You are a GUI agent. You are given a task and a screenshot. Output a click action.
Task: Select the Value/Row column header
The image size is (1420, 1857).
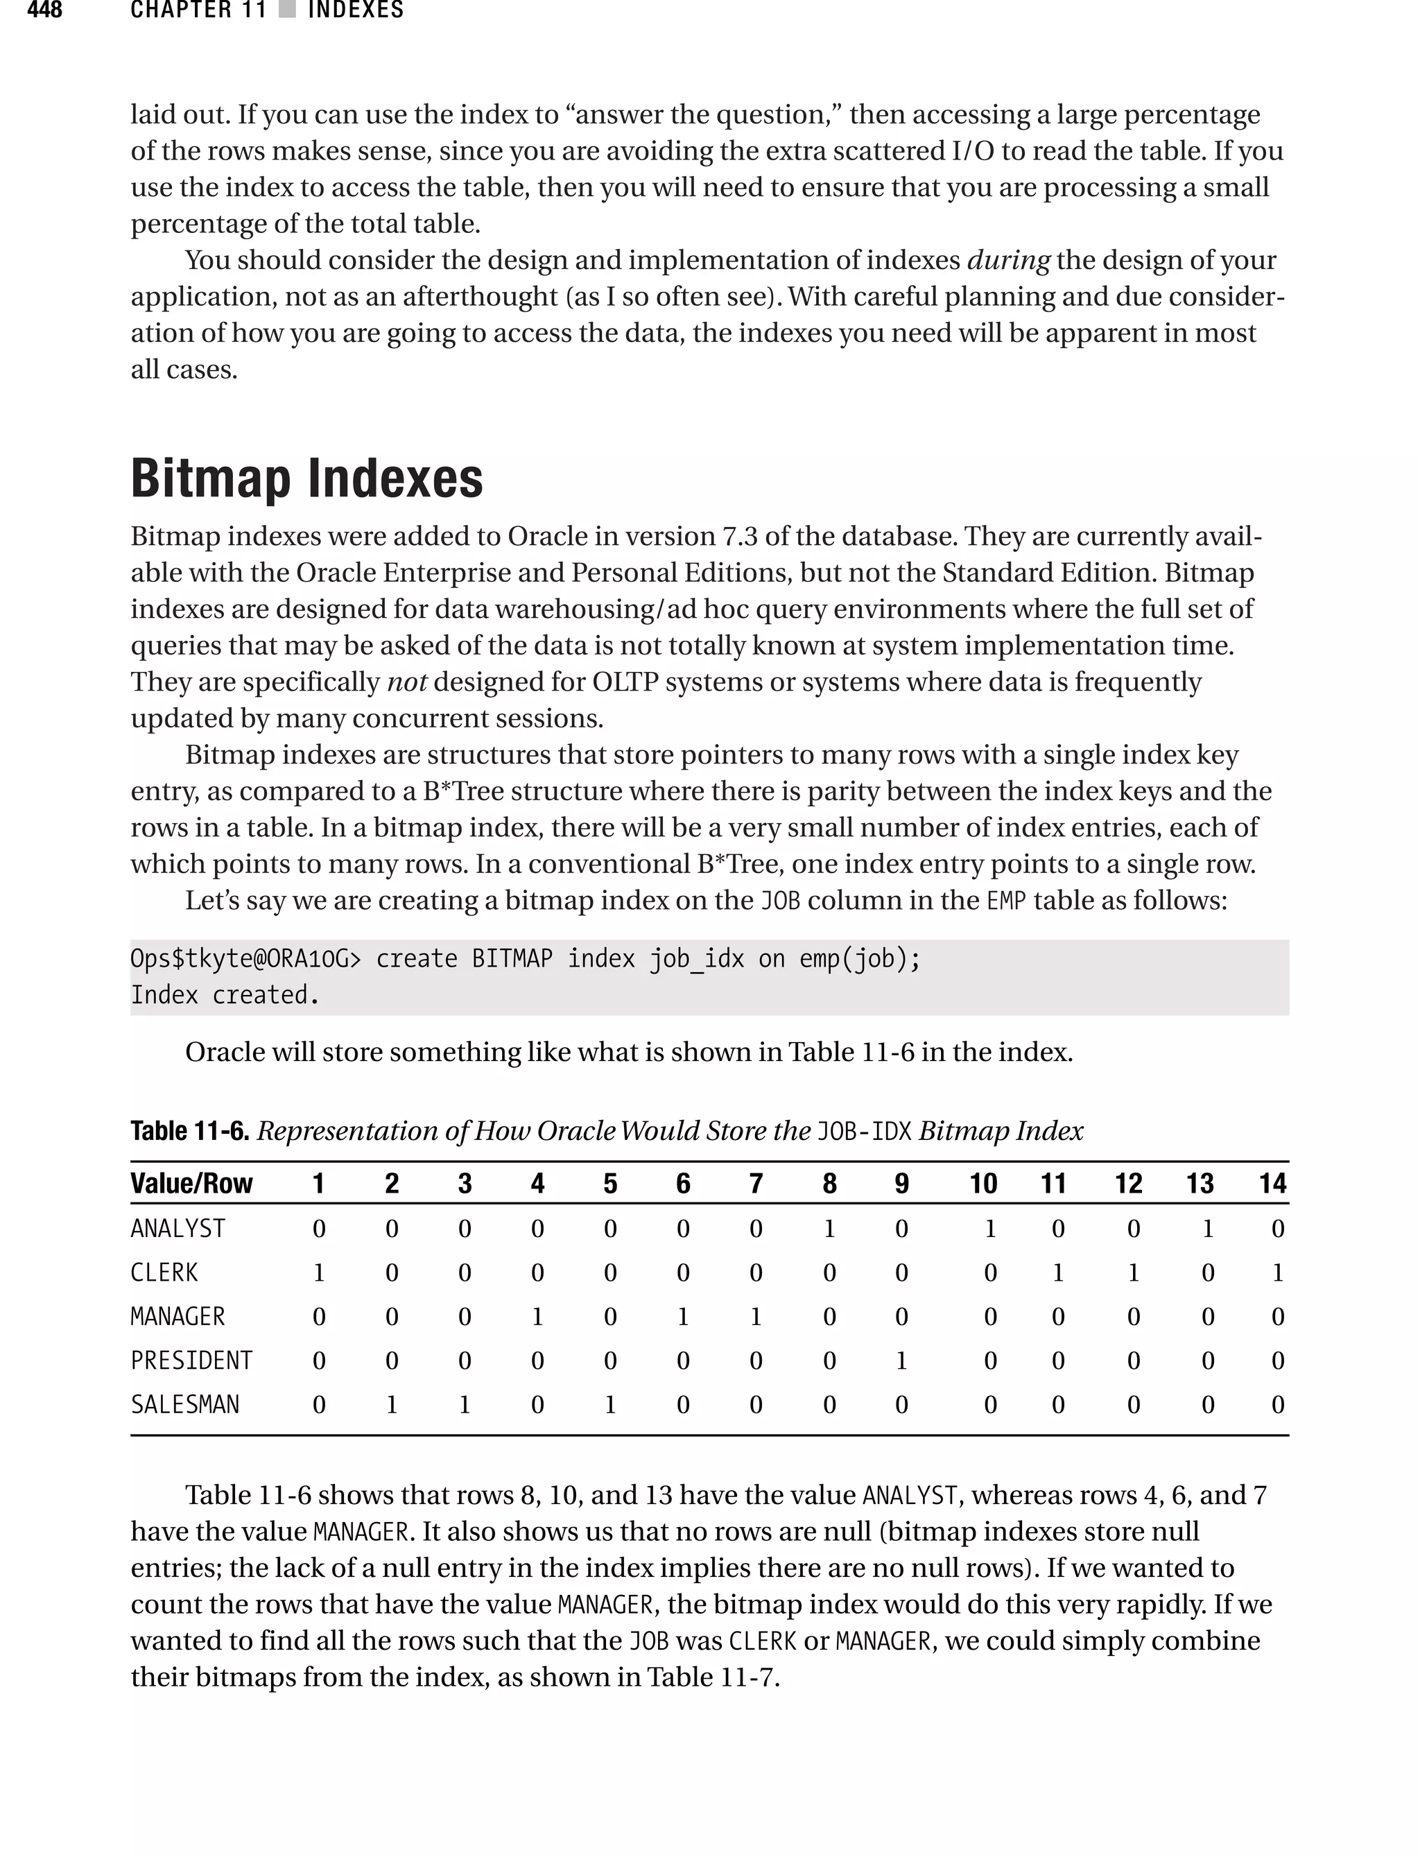coord(191,1184)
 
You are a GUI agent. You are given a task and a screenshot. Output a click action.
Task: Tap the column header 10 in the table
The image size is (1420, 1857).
coord(982,1184)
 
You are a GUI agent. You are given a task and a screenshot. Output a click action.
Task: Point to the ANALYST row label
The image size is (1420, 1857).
coord(177,1228)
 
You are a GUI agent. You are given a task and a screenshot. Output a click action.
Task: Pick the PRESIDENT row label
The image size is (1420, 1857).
coord(191,1360)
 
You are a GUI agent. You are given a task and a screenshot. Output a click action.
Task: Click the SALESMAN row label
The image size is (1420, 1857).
coord(184,1404)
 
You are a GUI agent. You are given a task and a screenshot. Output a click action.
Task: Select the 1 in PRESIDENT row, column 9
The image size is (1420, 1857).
coord(901,1360)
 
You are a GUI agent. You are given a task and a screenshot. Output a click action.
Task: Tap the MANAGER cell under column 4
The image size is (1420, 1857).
coord(537,1316)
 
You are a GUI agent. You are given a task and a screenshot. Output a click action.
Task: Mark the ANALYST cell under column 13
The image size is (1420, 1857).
coord(1207,1228)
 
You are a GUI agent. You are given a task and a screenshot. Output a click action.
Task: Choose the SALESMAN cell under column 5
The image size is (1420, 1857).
coord(609,1404)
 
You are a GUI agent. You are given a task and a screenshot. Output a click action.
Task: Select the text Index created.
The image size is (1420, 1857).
coord(225,995)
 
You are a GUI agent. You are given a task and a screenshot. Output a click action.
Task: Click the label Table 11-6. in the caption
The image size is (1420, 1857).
coord(189,1131)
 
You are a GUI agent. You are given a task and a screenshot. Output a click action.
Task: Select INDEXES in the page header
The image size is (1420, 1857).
coord(355,11)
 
